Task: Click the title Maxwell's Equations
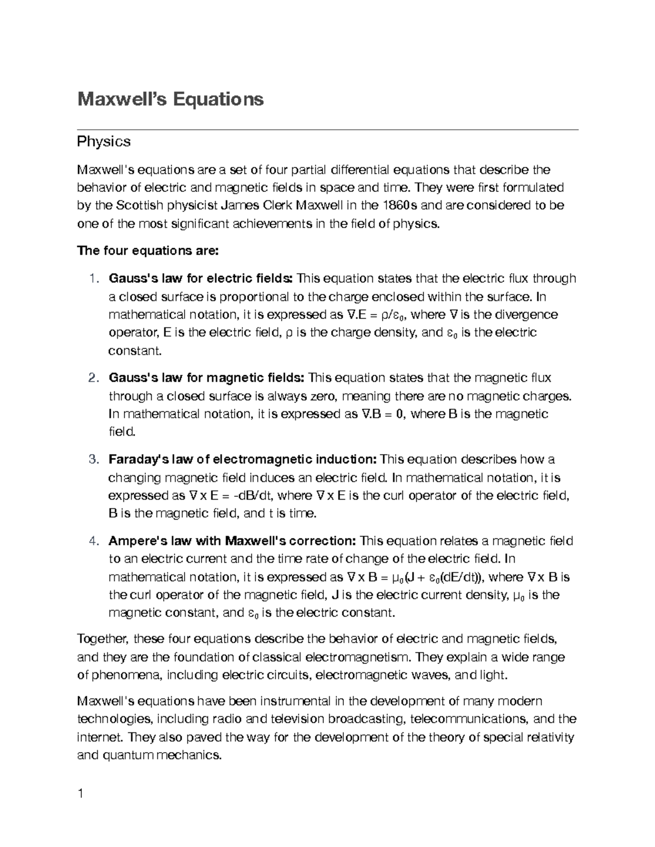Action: coord(170,99)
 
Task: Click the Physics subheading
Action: coord(104,141)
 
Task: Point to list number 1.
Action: coord(94,279)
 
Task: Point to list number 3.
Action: coord(94,459)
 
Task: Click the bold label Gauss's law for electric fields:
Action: coord(201,279)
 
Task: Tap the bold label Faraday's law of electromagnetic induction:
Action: coord(243,459)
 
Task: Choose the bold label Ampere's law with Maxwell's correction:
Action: coord(233,541)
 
